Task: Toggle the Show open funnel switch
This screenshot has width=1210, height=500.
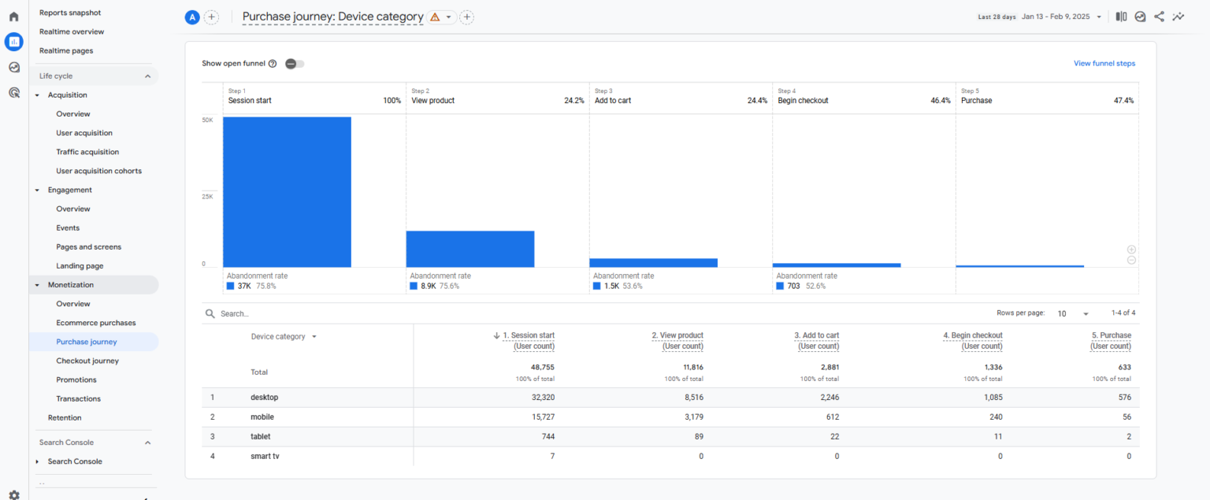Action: (x=295, y=64)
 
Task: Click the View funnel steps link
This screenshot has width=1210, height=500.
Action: (x=1104, y=64)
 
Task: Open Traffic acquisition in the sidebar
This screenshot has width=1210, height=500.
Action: (x=87, y=152)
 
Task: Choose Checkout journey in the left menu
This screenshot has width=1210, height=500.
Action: (x=87, y=361)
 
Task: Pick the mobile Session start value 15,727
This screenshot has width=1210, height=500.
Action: (x=540, y=417)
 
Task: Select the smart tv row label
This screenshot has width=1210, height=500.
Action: (x=265, y=456)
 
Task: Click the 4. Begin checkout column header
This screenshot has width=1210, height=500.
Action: (x=973, y=335)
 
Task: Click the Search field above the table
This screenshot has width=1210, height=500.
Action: (x=315, y=313)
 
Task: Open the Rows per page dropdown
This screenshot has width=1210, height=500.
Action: (x=1073, y=313)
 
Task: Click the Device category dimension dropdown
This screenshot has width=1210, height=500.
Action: (x=284, y=336)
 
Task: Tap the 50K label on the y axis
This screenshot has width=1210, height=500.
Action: (x=208, y=120)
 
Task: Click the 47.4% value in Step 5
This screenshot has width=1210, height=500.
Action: (x=1123, y=101)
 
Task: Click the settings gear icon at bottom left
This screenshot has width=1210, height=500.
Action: (x=13, y=494)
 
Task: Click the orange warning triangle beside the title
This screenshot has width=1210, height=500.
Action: (x=435, y=17)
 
